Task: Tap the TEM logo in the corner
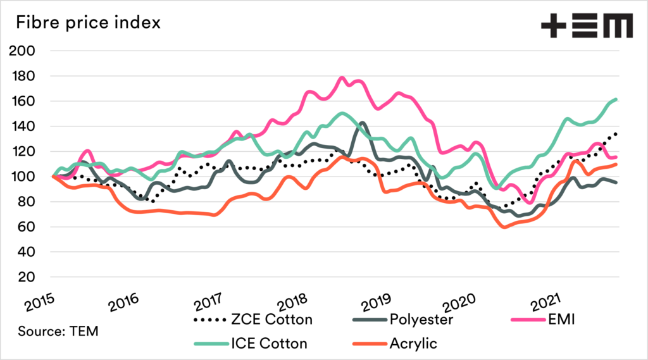pos(586,26)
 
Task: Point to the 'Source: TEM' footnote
pos(58,330)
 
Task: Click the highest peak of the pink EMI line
pos(342,78)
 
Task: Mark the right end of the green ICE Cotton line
pos(616,100)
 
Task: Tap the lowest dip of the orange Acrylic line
pos(504,226)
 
